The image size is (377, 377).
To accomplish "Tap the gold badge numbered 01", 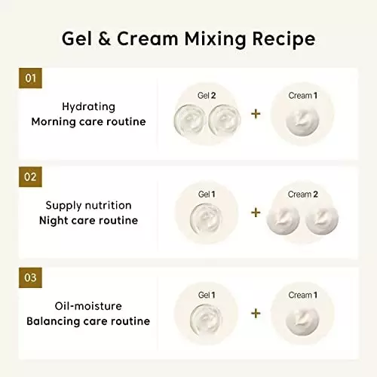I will coord(30,78).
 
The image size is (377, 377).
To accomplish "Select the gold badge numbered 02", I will coord(30,178).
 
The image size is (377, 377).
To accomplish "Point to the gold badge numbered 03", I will coord(30,277).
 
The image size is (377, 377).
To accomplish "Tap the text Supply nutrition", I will coord(88,206).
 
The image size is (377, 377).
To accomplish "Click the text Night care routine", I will coord(88,221).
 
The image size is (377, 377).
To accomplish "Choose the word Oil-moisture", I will coord(88,305).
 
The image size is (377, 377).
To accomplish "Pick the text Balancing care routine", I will coord(88,320).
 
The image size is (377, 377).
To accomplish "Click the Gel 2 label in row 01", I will coord(207,96).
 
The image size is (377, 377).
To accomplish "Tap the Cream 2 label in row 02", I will coord(304,195).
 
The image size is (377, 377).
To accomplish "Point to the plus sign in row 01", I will coord(256,113).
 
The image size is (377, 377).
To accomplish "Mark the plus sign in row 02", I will coord(256,213).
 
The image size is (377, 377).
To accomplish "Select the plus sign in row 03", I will coord(256,313).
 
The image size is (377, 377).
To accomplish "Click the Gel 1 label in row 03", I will coord(207,295).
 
